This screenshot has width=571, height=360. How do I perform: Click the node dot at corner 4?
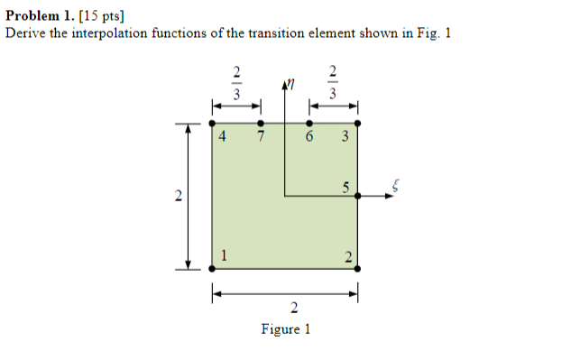[x=212, y=123]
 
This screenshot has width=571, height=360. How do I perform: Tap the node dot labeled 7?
[x=261, y=123]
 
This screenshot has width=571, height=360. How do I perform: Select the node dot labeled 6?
[x=309, y=123]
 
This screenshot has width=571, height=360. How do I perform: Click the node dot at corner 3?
[x=358, y=123]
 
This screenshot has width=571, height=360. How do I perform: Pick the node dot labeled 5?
[x=358, y=195]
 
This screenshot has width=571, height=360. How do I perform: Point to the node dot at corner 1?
[x=212, y=267]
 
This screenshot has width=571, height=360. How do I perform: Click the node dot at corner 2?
[x=358, y=267]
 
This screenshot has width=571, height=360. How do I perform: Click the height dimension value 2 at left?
[x=178, y=196]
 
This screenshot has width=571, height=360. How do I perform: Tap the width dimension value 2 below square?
[x=285, y=309]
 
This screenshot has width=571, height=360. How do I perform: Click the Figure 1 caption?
[x=285, y=329]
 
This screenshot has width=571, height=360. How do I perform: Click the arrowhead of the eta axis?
[x=285, y=86]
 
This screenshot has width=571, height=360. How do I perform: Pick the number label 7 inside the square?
[x=259, y=138]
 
